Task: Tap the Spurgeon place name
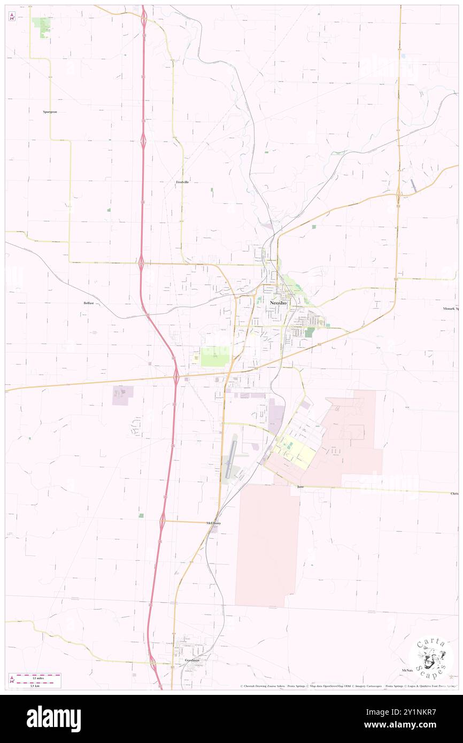50,112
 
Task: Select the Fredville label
183,182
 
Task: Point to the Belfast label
89,303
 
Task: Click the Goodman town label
192,660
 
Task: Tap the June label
300,487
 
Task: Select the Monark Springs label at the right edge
450,308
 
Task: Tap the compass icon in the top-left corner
12,17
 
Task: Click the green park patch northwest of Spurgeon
41,25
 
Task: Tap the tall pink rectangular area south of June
267,545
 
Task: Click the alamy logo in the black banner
53,718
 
